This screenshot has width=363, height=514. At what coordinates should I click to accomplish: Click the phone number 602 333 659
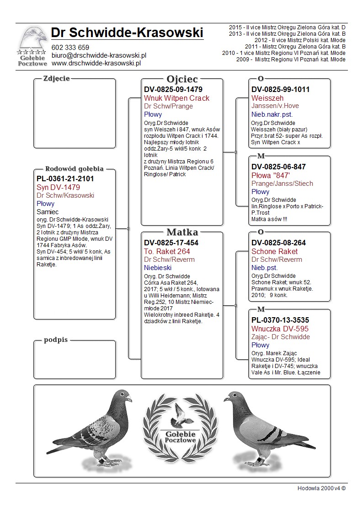coord(70,48)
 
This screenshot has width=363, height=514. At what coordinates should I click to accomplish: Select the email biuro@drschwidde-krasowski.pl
coord(98,55)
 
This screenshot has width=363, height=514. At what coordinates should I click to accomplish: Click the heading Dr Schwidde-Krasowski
coord(127,33)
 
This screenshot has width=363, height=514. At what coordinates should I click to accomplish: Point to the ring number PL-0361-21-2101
coord(65,179)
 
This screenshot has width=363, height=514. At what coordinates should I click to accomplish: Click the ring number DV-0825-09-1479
coord(173,90)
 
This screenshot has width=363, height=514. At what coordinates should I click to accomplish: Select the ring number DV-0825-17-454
coord(171,243)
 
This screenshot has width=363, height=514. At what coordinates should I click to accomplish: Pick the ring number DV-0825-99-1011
coord(280,90)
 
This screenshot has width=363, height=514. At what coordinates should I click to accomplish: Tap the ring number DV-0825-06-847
coord(278,167)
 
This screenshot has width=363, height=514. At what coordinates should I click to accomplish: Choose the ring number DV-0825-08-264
coord(278,243)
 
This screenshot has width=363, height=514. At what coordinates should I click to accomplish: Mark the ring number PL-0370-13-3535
coord(280,320)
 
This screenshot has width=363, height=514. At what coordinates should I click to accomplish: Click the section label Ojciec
coord(182,79)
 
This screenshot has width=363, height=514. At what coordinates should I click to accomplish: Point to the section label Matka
coord(182,232)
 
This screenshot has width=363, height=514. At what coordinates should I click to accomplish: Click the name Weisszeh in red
coord(267,98)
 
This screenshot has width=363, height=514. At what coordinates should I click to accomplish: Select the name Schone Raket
coord(274,251)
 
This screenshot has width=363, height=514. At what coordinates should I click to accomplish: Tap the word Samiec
coord(48,212)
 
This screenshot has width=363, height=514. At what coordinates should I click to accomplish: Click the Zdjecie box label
coord(56,78)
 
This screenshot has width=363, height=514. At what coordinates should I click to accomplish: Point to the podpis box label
coord(56,340)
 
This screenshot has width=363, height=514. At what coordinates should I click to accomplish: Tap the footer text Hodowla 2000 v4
coord(321,488)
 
